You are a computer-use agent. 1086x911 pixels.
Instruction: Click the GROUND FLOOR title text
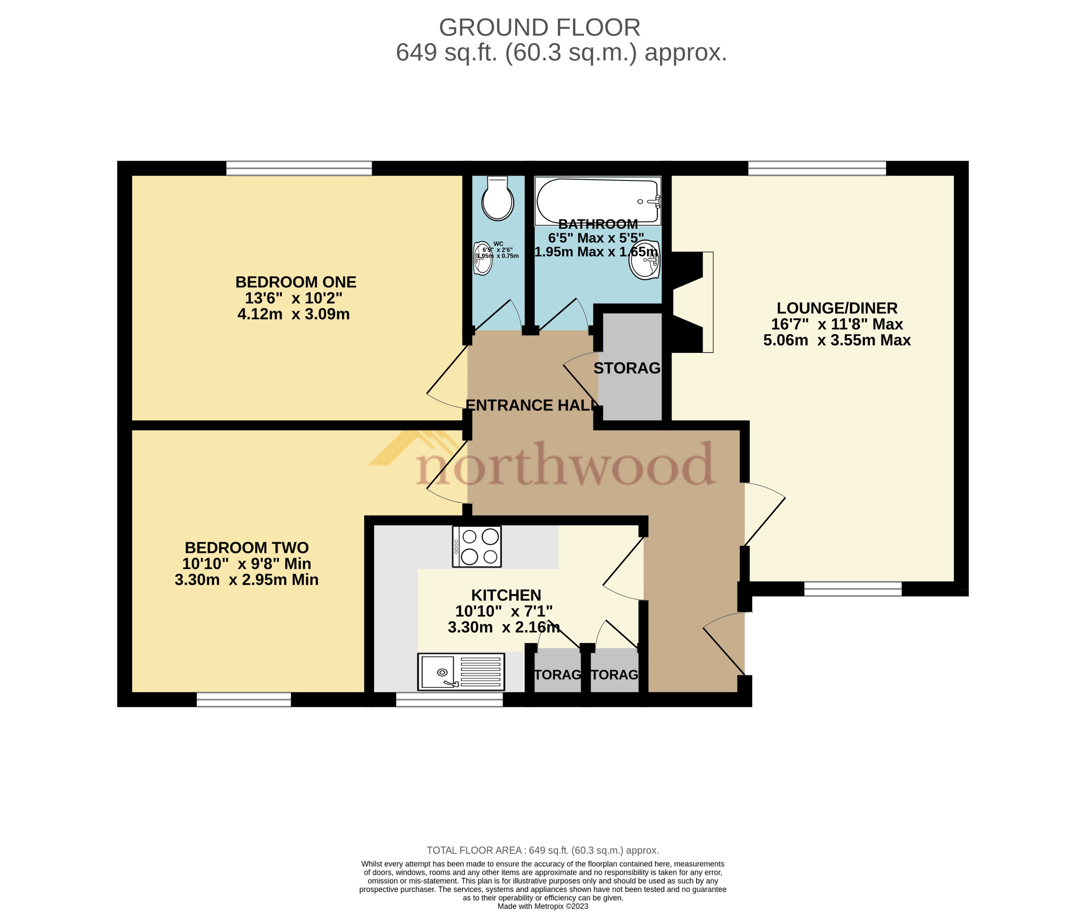[x=539, y=28]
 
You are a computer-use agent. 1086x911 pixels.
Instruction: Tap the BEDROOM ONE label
[x=296, y=282]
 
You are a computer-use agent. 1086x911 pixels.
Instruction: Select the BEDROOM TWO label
[x=247, y=548]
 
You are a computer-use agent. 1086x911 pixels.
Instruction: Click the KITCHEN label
[x=506, y=595]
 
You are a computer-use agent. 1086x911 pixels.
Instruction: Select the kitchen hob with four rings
[x=477, y=546]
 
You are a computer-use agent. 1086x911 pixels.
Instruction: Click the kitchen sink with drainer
[x=461, y=672]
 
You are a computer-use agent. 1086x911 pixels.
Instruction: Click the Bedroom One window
[x=299, y=168]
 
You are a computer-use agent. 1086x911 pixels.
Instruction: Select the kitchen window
[x=449, y=700]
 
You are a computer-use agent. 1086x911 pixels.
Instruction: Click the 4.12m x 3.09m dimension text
[x=293, y=315]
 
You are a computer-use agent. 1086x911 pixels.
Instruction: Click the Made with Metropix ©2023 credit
[x=542, y=906]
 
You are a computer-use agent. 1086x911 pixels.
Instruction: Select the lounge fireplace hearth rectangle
[x=708, y=302]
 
